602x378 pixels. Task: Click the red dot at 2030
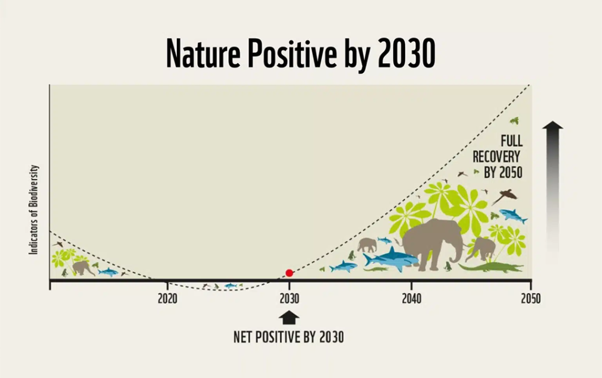tap(289, 273)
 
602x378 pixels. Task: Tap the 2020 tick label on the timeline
tap(168, 299)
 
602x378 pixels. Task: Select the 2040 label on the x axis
tap(412, 299)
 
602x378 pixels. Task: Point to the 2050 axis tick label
tap(531, 299)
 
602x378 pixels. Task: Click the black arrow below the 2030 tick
tap(289, 318)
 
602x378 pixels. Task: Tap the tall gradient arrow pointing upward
tap(553, 192)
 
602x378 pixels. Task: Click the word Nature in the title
tap(203, 53)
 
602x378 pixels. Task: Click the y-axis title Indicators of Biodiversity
tap(34, 210)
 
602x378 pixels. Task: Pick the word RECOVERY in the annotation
tap(496, 157)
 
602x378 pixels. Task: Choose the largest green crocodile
tap(490, 267)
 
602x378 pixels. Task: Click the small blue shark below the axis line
tap(230, 286)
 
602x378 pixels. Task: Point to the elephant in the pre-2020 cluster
tap(82, 268)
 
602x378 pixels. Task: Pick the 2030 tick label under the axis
tap(289, 299)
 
